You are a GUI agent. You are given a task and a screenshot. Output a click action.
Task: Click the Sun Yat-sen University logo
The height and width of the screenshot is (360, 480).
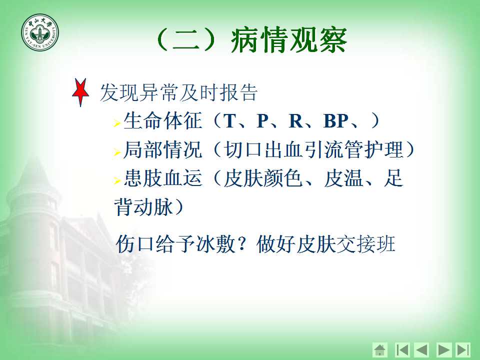(x=40, y=32)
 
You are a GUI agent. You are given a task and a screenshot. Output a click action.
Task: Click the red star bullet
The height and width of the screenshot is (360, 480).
(x=80, y=92)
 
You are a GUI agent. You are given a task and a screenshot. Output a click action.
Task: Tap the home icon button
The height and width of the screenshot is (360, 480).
(x=380, y=349)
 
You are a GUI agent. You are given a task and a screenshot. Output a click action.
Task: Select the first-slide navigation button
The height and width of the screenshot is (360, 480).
(x=402, y=349)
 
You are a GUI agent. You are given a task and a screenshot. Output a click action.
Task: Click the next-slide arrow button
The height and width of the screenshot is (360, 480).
(x=444, y=349)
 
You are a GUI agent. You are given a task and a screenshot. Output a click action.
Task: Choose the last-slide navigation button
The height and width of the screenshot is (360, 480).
(x=463, y=349)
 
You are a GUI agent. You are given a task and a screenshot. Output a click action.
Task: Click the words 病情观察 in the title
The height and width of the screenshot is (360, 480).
(x=288, y=40)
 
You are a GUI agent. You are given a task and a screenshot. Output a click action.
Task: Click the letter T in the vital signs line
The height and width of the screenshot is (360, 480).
(x=229, y=121)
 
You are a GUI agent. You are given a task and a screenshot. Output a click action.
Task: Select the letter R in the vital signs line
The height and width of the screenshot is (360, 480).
(x=296, y=121)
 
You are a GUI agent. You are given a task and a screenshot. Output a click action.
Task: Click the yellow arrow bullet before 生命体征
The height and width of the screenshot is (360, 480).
(x=116, y=123)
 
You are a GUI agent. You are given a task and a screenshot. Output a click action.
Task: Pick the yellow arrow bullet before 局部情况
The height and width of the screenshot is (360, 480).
(x=116, y=152)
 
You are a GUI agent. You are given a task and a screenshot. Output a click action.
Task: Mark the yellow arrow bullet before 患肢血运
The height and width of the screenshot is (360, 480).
(x=116, y=180)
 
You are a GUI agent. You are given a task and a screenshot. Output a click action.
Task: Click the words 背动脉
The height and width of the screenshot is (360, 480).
(x=143, y=207)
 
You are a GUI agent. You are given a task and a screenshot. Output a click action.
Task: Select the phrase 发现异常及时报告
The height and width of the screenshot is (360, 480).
(x=178, y=92)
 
